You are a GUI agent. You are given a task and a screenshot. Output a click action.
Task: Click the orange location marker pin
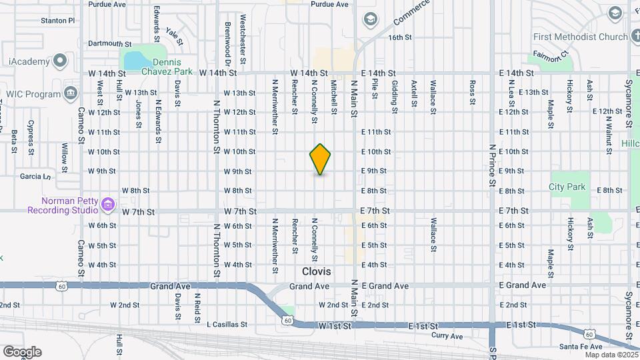320,159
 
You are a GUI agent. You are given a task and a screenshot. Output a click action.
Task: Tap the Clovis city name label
317,271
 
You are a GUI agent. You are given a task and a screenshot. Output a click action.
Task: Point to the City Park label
567,187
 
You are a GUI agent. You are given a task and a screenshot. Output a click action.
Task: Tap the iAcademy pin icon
60,62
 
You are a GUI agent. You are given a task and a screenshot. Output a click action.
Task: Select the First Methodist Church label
580,37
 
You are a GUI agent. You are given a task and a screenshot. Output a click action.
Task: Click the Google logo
22,352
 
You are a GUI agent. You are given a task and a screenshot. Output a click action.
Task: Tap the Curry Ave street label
447,336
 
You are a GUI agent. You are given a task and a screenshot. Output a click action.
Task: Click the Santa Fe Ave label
581,347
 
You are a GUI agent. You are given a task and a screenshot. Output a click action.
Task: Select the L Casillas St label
227,325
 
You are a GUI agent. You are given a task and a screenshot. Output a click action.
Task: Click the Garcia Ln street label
35,177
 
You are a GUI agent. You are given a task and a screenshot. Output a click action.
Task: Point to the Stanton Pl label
57,21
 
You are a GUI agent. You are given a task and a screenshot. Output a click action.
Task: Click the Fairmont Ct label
549,53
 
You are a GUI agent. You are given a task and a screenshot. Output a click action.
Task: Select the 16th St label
401,37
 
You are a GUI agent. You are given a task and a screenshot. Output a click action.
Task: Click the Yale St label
174,37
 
